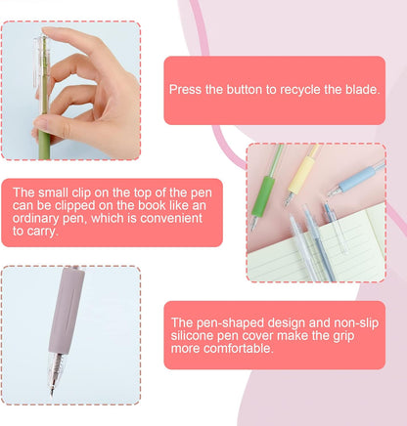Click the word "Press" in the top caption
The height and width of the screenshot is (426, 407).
coord(186,89)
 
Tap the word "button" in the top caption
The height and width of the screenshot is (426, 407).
coord(247,89)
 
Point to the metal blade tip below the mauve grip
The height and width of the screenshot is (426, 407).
coord(53,390)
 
